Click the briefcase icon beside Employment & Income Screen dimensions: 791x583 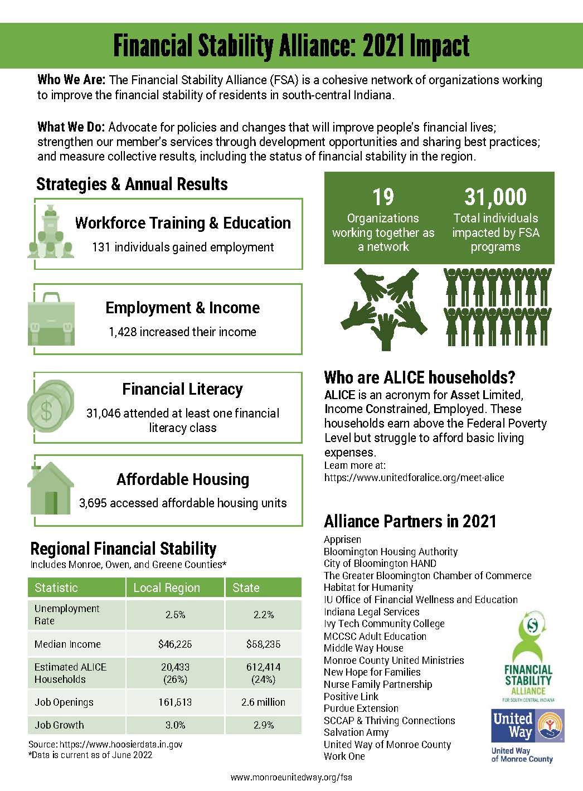click(51, 319)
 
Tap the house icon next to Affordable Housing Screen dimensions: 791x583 click(51, 489)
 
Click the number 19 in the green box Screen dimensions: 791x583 click(383, 197)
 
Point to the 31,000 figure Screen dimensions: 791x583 click(495, 197)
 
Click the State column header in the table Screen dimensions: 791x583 click(246, 588)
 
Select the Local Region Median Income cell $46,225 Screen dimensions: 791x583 click(175, 644)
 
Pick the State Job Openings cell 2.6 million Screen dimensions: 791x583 click(263, 702)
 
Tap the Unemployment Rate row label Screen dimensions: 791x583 click(67, 614)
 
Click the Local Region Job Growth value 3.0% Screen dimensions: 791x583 click(175, 725)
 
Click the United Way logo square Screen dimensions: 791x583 click(527, 726)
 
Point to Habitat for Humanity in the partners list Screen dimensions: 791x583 click(368, 588)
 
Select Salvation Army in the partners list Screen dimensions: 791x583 click(356, 732)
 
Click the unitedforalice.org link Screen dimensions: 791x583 click(414, 478)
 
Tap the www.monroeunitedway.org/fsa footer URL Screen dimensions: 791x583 click(291, 777)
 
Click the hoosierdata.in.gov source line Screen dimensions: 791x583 click(105, 744)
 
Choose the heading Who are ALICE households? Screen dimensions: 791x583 click(420, 377)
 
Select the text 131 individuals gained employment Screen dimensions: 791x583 click(183, 247)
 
